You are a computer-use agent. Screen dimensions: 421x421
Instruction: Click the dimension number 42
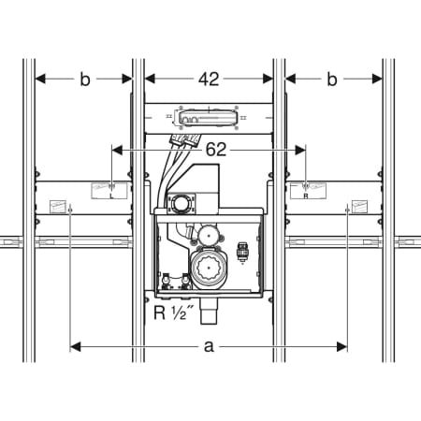(x=209, y=80)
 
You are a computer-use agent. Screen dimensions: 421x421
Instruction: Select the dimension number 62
(x=216, y=150)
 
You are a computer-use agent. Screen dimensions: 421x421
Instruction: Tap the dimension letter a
(x=209, y=346)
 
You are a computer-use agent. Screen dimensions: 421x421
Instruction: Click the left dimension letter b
(x=85, y=80)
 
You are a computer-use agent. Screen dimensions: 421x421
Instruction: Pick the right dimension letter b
(x=332, y=80)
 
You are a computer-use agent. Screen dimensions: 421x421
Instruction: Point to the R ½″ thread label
(x=174, y=312)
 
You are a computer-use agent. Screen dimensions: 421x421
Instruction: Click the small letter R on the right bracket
(x=306, y=196)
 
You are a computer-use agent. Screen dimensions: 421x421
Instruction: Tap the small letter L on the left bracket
(x=112, y=196)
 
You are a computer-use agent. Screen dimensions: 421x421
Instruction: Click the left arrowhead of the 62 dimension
(x=117, y=151)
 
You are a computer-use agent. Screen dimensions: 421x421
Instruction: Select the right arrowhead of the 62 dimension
(x=300, y=151)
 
